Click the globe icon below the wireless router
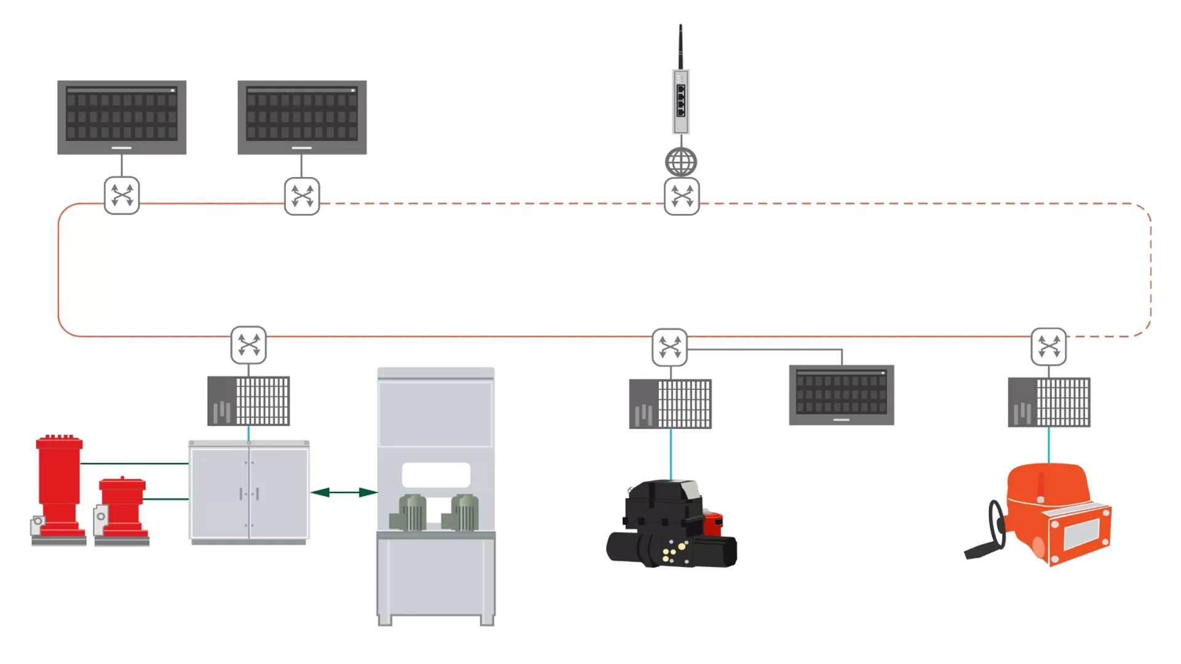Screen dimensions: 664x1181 [681, 162]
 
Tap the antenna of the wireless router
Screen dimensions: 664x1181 [680, 47]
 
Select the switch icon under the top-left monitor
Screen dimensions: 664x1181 [122, 196]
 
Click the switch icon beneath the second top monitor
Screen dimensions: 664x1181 [302, 196]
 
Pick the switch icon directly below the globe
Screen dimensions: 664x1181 [682, 197]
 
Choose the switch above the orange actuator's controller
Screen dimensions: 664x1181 [1049, 347]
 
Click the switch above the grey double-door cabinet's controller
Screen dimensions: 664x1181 [249, 345]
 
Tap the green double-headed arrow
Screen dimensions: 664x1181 [344, 492]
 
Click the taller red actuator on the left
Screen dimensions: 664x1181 [58, 486]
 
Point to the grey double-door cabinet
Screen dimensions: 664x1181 [249, 492]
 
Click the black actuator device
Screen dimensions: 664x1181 [670, 526]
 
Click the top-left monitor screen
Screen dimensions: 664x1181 [122, 116]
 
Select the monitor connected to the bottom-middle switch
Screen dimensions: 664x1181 [841, 394]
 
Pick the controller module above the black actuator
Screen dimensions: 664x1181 [670, 404]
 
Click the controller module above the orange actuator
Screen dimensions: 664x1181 [1049, 403]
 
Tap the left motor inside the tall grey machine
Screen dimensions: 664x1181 [410, 513]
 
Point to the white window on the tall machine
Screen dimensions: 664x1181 [436, 475]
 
